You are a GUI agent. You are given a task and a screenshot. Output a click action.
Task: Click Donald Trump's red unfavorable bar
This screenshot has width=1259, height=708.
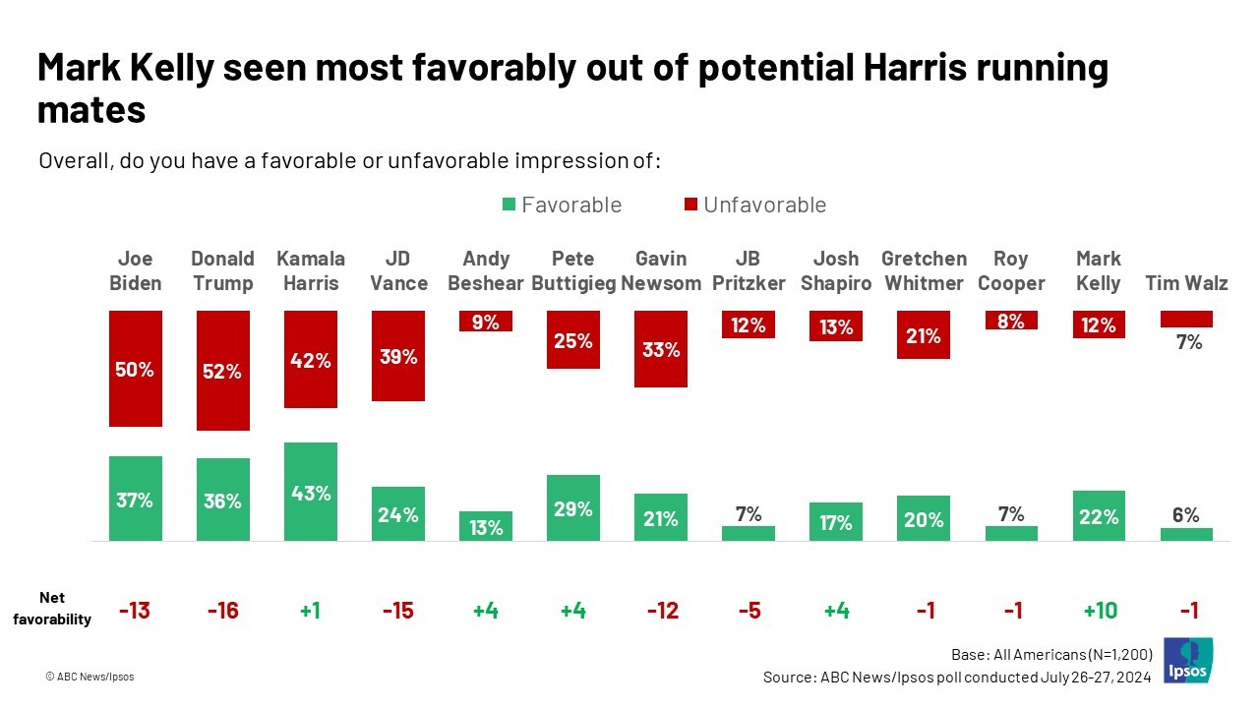[223, 371]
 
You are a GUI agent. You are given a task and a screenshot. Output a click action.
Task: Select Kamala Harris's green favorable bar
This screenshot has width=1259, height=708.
[311, 492]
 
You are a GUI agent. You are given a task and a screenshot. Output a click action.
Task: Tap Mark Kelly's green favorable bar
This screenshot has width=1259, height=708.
[1099, 515]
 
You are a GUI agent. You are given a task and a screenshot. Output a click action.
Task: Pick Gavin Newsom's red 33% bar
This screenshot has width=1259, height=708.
[661, 349]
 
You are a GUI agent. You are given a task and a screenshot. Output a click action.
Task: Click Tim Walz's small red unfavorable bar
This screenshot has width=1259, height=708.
[1186, 320]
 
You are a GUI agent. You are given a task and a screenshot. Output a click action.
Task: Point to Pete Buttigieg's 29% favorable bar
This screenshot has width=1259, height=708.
[573, 507]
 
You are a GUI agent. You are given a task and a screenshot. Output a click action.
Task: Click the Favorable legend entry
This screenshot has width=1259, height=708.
[562, 205]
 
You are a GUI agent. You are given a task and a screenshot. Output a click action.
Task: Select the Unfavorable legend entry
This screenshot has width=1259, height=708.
[754, 205]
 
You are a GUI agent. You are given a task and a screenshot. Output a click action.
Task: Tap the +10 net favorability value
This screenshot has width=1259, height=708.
[1100, 611]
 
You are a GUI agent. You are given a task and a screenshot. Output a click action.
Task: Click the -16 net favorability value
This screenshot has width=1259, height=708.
[223, 611]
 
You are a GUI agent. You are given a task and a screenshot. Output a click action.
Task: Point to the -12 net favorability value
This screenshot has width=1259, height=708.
[661, 611]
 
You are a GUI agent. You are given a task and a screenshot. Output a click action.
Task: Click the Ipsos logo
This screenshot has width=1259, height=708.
[1187, 660]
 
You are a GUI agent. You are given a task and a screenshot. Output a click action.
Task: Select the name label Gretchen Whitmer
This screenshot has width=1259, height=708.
[924, 270]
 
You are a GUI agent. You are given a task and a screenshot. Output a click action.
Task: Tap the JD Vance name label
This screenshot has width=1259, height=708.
[398, 270]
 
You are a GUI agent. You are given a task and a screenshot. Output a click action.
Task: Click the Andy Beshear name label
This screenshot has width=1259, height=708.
[486, 270]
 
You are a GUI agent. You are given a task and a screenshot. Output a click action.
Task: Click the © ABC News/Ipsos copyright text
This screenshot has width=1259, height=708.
[90, 677]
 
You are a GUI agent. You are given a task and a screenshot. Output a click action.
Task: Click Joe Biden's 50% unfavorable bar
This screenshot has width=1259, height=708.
[136, 369]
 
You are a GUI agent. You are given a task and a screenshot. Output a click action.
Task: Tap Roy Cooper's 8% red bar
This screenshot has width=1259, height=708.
[1011, 321]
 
